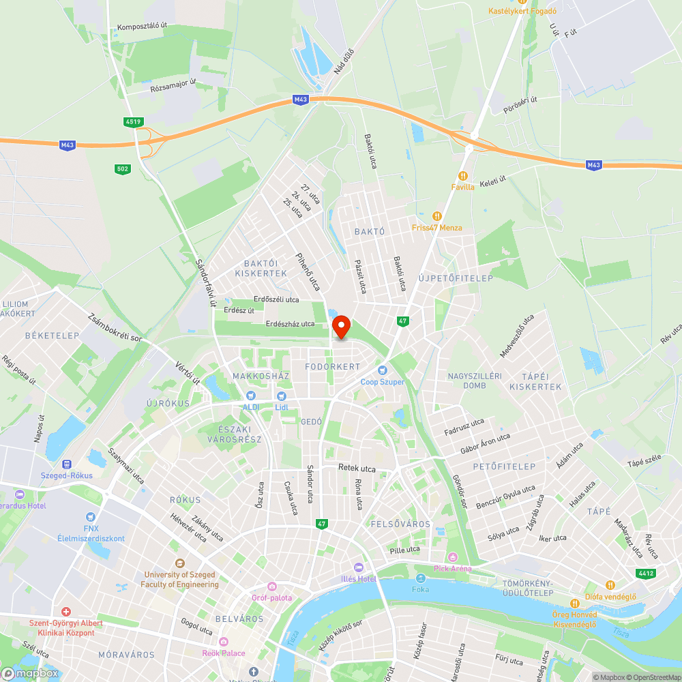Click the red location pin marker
pos(340,327)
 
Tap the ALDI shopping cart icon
pos(250,396)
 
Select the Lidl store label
pos(282,407)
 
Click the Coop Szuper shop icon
pos(383,370)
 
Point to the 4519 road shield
pos(134,122)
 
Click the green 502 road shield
pos(122,168)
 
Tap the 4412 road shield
pos(646,574)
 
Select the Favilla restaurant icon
pos(462,175)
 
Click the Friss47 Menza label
pos(437,228)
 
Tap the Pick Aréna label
pos(453,569)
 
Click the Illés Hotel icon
pos(359,567)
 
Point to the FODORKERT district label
pos(332,367)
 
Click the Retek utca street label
pos(357,469)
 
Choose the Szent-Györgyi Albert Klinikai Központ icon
pos(66,612)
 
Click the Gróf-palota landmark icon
pos(272,587)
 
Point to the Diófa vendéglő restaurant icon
pos(610,585)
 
